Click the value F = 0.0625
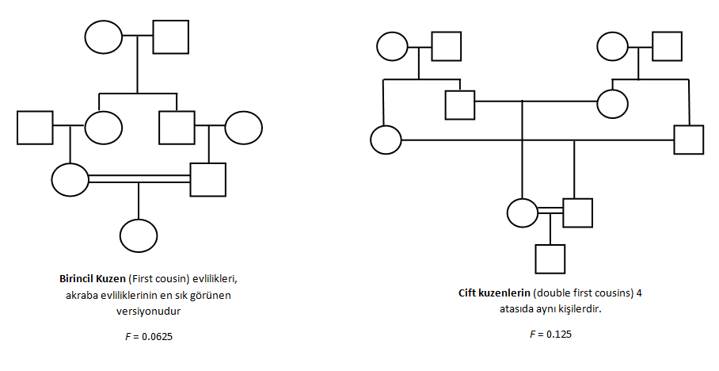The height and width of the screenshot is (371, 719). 144,336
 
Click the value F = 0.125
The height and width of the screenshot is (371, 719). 550,334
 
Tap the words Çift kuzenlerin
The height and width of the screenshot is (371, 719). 492,293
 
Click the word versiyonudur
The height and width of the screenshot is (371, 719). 144,310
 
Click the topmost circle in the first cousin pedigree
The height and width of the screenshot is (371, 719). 104,36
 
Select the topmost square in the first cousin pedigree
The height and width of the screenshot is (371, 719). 170,36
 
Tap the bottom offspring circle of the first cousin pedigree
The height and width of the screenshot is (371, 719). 139,235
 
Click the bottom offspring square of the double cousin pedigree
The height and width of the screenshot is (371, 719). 550,259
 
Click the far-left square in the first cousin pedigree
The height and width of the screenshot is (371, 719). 35,127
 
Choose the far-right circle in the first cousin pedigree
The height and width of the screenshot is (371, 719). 243,127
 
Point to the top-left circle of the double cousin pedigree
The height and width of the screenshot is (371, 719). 393,45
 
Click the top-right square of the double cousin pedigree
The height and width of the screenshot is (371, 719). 667,45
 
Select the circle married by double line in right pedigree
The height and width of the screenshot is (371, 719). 522,212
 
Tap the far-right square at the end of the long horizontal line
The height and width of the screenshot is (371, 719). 688,140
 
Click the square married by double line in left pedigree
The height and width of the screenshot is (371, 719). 208,179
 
